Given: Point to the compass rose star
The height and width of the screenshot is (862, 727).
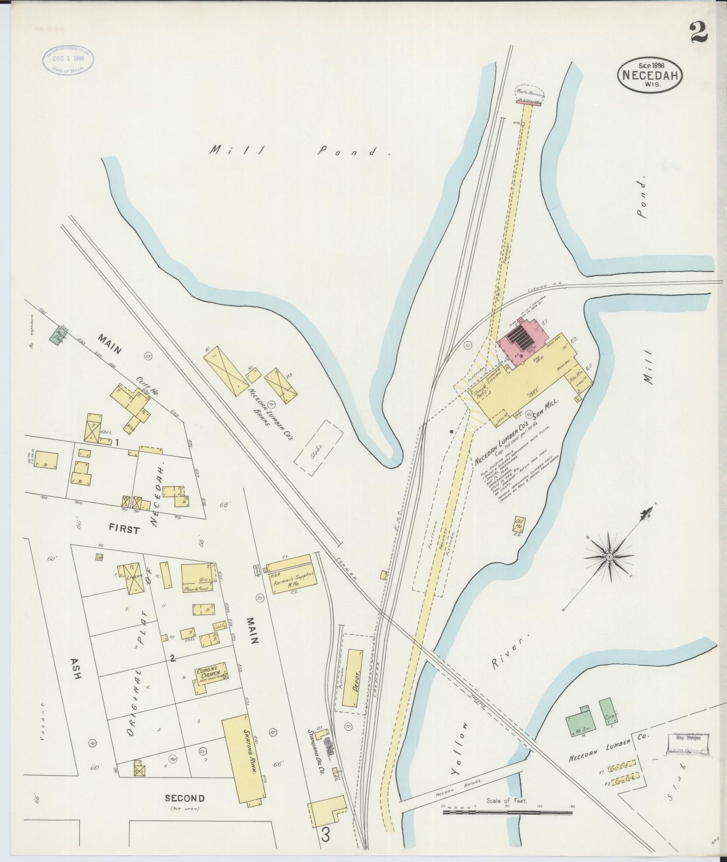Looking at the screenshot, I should [609, 557].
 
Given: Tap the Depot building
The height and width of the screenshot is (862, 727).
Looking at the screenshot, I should [353, 677].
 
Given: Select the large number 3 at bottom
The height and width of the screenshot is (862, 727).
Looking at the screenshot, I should [326, 836].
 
